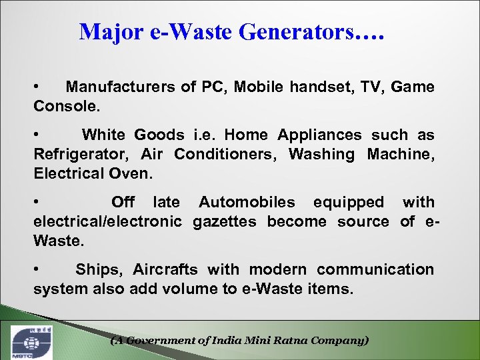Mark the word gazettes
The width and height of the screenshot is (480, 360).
pyautogui.click(x=224, y=221)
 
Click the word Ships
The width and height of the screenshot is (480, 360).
pyautogui.click(x=98, y=269)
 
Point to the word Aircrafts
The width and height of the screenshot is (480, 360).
pyautogui.click(x=165, y=269)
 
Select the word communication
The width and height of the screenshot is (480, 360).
pyautogui.click(x=375, y=269)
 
